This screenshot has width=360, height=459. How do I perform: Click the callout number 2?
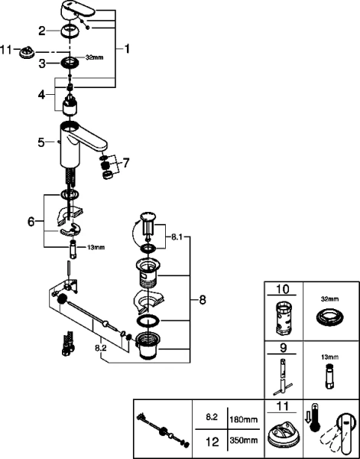pyautogui.click(x=42, y=31)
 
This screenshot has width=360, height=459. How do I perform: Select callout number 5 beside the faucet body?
pyautogui.click(x=41, y=143)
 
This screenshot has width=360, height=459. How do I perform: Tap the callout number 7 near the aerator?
pyautogui.click(x=125, y=163)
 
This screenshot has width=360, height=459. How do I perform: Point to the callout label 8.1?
pyautogui.click(x=176, y=237)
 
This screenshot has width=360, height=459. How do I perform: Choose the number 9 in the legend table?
pyautogui.click(x=284, y=348)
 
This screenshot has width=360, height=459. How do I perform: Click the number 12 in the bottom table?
pyautogui.click(x=212, y=442)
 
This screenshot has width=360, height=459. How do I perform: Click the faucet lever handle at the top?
pyautogui.click(x=77, y=9)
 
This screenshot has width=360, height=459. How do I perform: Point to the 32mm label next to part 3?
pyautogui.click(x=94, y=57)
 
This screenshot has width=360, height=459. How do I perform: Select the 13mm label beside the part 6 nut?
pyautogui.click(x=96, y=247)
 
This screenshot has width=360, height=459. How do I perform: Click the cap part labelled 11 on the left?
pyautogui.click(x=27, y=52)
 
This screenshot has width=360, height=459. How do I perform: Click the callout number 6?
pyautogui.click(x=31, y=222)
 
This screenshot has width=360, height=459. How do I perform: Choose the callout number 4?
pyautogui.click(x=41, y=95)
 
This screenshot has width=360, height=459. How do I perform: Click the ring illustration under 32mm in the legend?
pyautogui.click(x=329, y=317)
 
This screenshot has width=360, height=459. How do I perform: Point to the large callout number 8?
pyautogui.click(x=203, y=300)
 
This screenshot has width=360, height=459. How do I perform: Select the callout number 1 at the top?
pyautogui.click(x=127, y=49)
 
